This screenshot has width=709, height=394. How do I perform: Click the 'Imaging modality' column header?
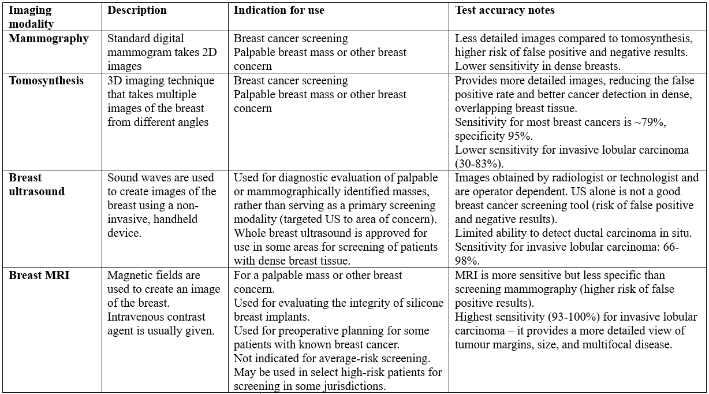(x=30, y=17)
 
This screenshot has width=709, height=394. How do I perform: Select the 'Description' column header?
(x=137, y=10)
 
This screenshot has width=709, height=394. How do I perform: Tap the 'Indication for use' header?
(x=279, y=10)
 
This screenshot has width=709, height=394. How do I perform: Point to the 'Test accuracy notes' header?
(x=505, y=10)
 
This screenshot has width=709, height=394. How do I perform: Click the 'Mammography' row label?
(x=48, y=39)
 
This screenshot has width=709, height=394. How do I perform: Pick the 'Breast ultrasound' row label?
(x=36, y=184)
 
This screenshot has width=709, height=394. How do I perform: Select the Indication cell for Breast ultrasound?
(x=335, y=220)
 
